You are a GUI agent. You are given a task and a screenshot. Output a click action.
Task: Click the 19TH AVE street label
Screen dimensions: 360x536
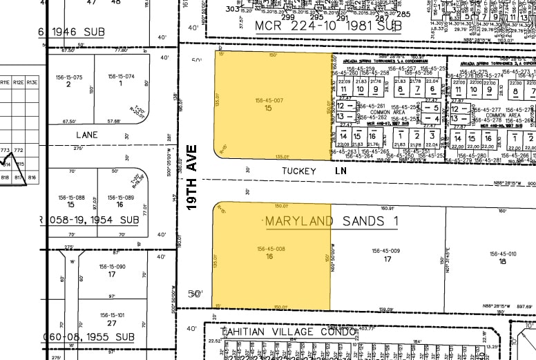point(193,177)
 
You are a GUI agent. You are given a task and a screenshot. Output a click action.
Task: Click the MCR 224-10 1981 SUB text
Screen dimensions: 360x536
point(328,26)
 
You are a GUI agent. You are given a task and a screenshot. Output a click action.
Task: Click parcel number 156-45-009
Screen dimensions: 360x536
point(386,251)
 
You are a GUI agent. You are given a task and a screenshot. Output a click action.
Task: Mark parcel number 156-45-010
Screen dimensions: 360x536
point(502,254)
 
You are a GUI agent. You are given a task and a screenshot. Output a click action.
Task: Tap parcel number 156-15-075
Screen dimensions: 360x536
point(68,77)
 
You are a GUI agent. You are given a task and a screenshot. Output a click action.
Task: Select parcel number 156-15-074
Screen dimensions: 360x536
point(120,76)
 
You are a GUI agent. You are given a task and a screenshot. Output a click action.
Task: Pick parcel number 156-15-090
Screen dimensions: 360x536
point(111,267)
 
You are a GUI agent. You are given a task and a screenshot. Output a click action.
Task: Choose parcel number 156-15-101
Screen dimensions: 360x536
point(111,316)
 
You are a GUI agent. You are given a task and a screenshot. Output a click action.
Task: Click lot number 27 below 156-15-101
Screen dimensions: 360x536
point(111,323)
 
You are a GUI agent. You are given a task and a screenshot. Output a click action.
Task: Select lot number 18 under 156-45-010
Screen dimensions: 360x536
point(502,261)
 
